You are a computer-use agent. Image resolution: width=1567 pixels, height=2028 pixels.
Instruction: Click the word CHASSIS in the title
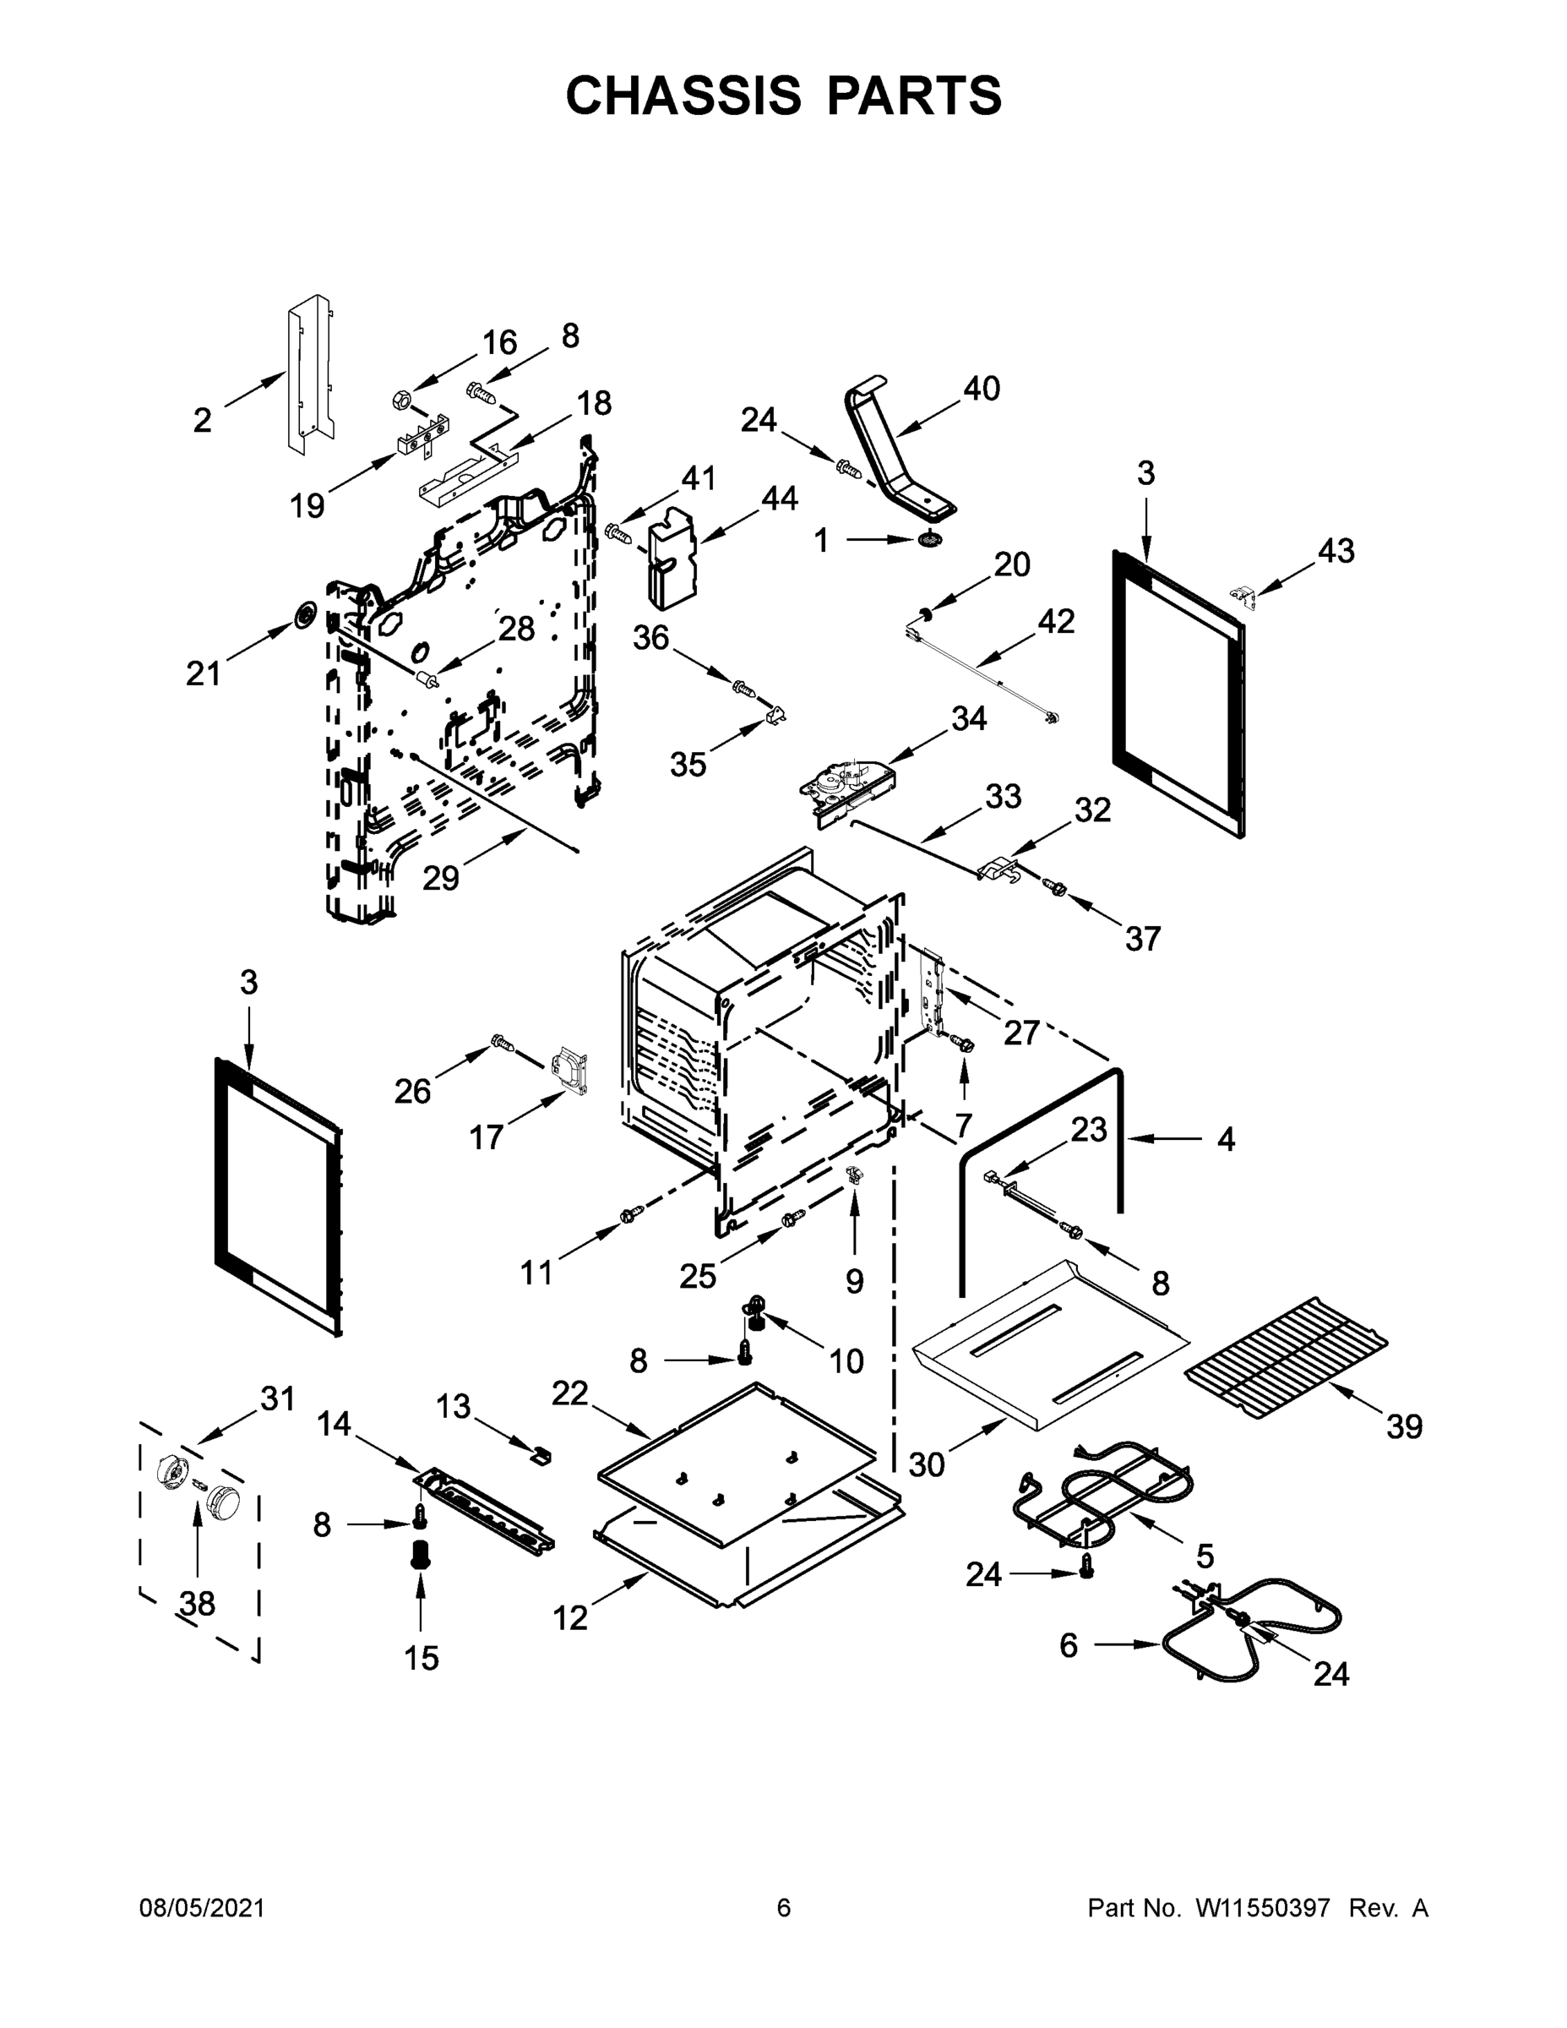tap(683, 95)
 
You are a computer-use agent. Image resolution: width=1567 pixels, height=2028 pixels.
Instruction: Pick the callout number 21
tap(204, 673)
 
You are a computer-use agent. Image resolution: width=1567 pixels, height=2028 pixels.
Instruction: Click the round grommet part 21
tap(302, 614)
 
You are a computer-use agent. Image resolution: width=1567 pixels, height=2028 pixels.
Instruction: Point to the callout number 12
tap(570, 1617)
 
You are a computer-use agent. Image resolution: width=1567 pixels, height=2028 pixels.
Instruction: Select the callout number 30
tap(926, 1464)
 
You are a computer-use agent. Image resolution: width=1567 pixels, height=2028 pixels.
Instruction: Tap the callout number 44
tap(779, 499)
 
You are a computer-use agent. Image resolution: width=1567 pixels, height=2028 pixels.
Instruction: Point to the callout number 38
tap(198, 1603)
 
